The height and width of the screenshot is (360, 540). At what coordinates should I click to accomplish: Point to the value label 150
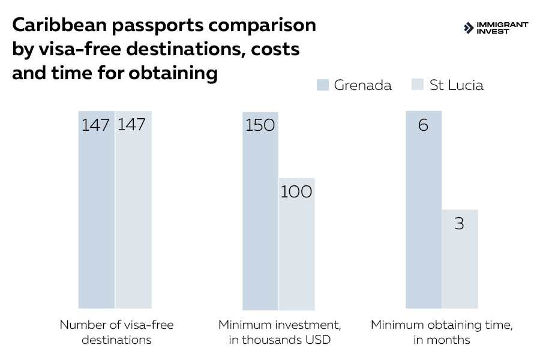(260, 125)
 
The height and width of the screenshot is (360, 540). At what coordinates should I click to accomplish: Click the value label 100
(296, 192)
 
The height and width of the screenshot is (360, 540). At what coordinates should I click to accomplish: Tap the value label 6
(423, 125)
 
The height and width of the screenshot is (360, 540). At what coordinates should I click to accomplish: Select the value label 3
(460, 224)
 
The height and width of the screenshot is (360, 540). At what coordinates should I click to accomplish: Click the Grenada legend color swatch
(323, 85)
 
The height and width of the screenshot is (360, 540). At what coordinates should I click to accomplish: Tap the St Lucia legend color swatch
(419, 85)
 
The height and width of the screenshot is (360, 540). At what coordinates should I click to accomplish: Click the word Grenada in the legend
(362, 85)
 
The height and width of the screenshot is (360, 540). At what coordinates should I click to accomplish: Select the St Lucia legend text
(456, 85)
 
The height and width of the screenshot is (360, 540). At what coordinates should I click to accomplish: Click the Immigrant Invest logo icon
(469, 28)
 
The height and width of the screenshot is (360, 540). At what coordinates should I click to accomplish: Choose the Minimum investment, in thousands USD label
(279, 332)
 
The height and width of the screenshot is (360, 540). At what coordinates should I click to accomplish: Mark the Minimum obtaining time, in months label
(441, 332)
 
